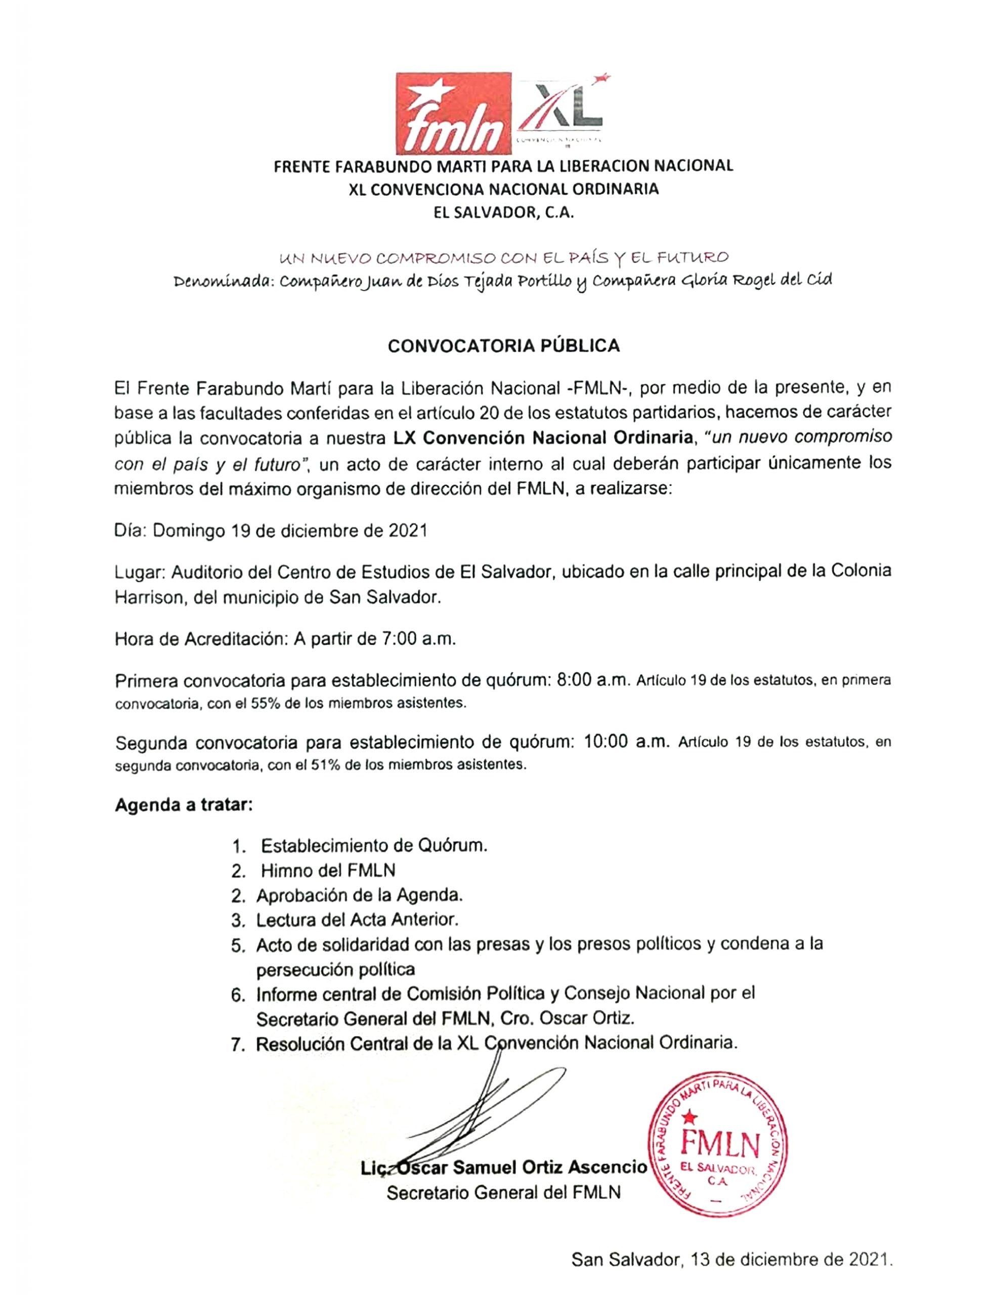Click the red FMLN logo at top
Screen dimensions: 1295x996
click(x=454, y=113)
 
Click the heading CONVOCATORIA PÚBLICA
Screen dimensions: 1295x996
click(x=503, y=347)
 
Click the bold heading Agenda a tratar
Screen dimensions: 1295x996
click(x=184, y=805)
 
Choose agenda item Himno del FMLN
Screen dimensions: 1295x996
click(x=328, y=871)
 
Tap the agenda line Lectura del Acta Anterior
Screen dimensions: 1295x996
click(x=358, y=920)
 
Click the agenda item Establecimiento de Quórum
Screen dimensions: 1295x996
click(x=374, y=846)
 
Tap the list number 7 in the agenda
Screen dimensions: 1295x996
click(x=238, y=1044)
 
